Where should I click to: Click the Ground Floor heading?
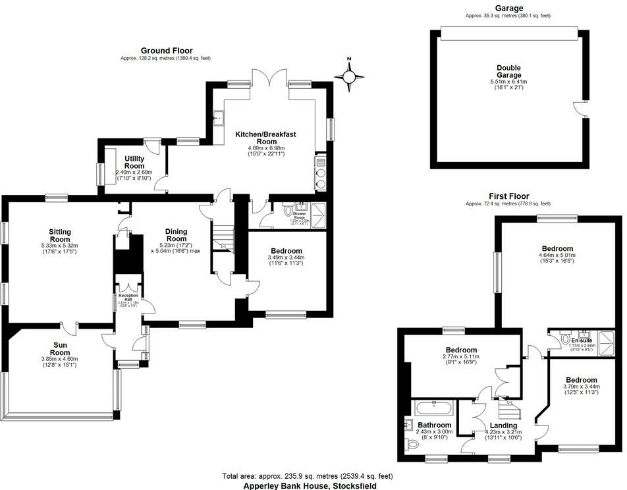click(165, 51)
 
